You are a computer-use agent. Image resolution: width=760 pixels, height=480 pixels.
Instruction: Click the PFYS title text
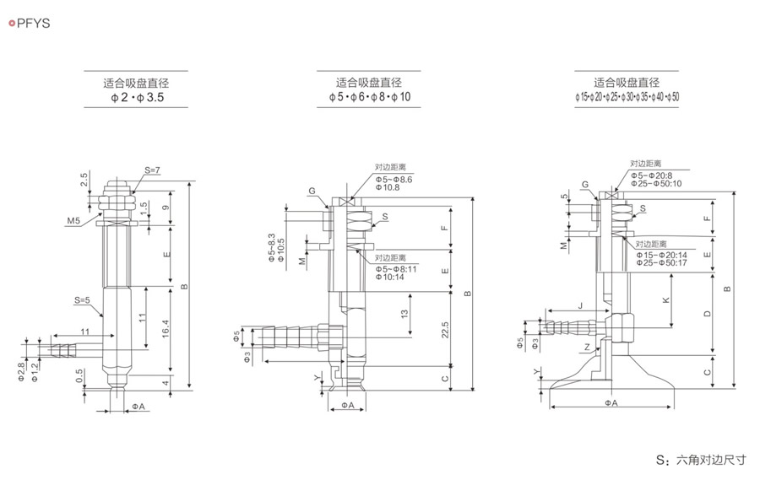(x=33, y=24)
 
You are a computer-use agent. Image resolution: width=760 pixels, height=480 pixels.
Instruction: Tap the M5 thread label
(x=73, y=220)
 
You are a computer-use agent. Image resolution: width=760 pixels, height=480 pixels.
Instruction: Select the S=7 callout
(x=152, y=170)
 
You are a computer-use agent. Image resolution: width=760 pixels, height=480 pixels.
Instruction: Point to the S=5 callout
(x=82, y=299)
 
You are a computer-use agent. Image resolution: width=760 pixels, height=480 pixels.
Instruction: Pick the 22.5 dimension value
(x=445, y=330)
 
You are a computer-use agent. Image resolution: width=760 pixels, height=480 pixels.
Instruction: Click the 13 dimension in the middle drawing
(x=405, y=313)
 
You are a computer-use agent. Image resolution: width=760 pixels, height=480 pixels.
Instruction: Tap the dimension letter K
(x=667, y=301)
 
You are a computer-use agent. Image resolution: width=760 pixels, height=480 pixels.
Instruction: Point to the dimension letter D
(x=707, y=314)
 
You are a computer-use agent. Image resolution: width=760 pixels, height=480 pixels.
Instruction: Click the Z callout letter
(x=587, y=348)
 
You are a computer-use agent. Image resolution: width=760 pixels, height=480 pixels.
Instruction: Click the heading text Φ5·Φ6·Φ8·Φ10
(x=370, y=98)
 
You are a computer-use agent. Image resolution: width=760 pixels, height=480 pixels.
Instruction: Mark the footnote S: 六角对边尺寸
(x=701, y=461)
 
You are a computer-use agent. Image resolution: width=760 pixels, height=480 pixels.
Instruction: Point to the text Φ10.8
(x=388, y=187)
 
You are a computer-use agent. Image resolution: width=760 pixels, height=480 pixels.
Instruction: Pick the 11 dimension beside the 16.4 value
(x=142, y=318)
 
